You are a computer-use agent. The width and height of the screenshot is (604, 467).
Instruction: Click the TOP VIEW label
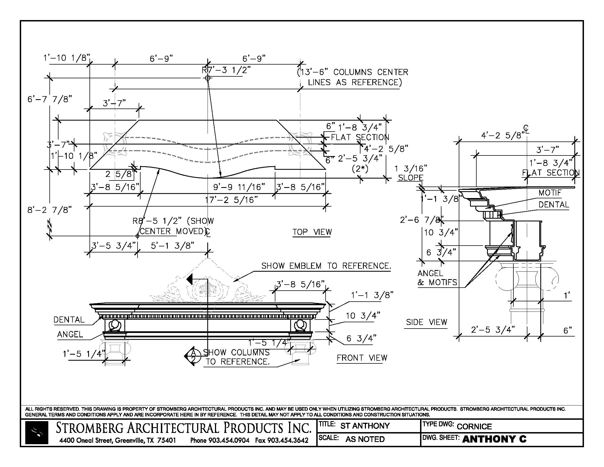[x=312, y=232]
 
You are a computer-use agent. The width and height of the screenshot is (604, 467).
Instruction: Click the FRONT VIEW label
[x=362, y=358]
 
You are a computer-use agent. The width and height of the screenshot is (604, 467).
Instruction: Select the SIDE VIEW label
[x=426, y=322]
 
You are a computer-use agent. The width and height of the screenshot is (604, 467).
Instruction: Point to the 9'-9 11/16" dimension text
[x=239, y=187]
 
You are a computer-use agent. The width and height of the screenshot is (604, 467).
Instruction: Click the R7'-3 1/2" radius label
[x=226, y=70]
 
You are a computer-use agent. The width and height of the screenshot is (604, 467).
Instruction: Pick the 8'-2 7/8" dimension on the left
[x=49, y=210]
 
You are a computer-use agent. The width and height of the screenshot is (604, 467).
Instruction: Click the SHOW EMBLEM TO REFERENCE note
[x=326, y=266]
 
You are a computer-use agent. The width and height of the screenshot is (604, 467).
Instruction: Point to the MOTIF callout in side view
[x=550, y=193]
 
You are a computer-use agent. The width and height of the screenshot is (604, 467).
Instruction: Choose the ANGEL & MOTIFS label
[x=437, y=278]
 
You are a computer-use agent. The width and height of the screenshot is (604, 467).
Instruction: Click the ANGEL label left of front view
[x=70, y=335]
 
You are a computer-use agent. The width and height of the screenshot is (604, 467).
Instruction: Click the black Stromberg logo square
[x=37, y=433]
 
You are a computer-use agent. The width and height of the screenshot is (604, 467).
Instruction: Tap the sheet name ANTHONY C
[x=494, y=439]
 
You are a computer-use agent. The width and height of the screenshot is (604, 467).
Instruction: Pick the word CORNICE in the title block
[x=474, y=426]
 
